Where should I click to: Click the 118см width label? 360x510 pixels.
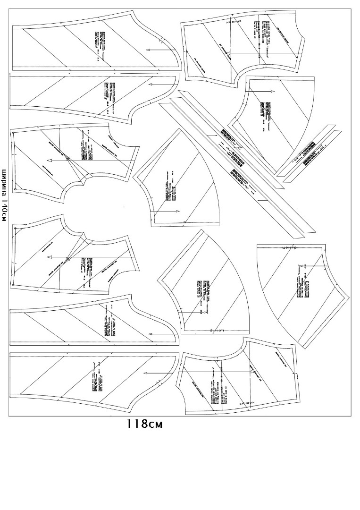click(144, 424)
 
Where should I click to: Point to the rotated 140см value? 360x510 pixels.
click(4, 211)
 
